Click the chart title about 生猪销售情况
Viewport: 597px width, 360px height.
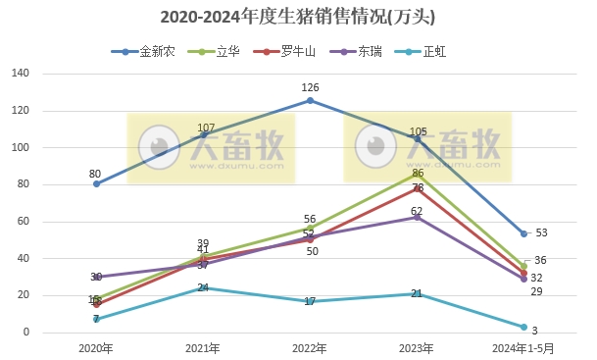click(298, 17)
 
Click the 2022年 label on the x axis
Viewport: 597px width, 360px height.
click(310, 348)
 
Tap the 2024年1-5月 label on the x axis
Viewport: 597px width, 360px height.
click(523, 348)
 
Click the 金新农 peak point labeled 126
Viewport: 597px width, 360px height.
click(310, 100)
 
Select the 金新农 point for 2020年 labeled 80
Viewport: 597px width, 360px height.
click(96, 184)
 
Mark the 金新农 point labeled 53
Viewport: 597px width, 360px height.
click(523, 234)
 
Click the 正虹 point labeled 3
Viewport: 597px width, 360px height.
click(523, 327)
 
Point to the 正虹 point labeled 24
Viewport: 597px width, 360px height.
click(203, 288)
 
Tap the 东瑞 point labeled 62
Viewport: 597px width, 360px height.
click(417, 217)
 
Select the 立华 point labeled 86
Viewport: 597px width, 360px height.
click(417, 173)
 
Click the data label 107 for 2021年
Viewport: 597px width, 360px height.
click(206, 129)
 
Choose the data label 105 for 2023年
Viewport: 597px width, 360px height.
click(419, 131)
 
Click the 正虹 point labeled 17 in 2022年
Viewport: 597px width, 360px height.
click(310, 301)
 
